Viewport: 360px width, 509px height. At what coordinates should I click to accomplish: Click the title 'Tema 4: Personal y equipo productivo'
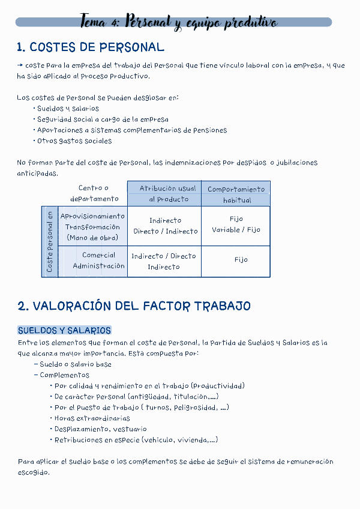pos(178,23)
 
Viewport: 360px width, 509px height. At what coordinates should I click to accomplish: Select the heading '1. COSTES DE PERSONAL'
pos(91,47)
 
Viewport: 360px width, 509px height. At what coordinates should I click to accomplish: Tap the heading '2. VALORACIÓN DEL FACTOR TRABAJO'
pos(134,306)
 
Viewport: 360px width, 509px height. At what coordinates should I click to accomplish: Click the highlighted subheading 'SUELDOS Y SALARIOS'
pos(64,331)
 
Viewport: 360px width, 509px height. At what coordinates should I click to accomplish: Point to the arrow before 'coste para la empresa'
pos(20,65)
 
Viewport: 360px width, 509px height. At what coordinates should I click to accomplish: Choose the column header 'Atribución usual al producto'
pos(164,194)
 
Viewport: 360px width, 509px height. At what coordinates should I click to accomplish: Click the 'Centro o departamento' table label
pos(94,193)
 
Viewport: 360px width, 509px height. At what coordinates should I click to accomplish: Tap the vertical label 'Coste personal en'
pos(50,242)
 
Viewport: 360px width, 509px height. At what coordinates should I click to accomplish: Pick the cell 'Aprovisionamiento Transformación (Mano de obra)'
pos(93,226)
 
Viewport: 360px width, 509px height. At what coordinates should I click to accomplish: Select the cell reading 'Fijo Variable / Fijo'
pos(236,224)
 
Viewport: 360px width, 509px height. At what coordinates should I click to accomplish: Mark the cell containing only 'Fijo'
pos(241,260)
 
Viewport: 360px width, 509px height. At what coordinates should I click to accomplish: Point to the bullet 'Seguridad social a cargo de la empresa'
pos(102,119)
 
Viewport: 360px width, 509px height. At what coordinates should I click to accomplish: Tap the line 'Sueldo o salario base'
pos(75,364)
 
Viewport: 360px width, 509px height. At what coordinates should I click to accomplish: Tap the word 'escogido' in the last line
pos(34,472)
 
